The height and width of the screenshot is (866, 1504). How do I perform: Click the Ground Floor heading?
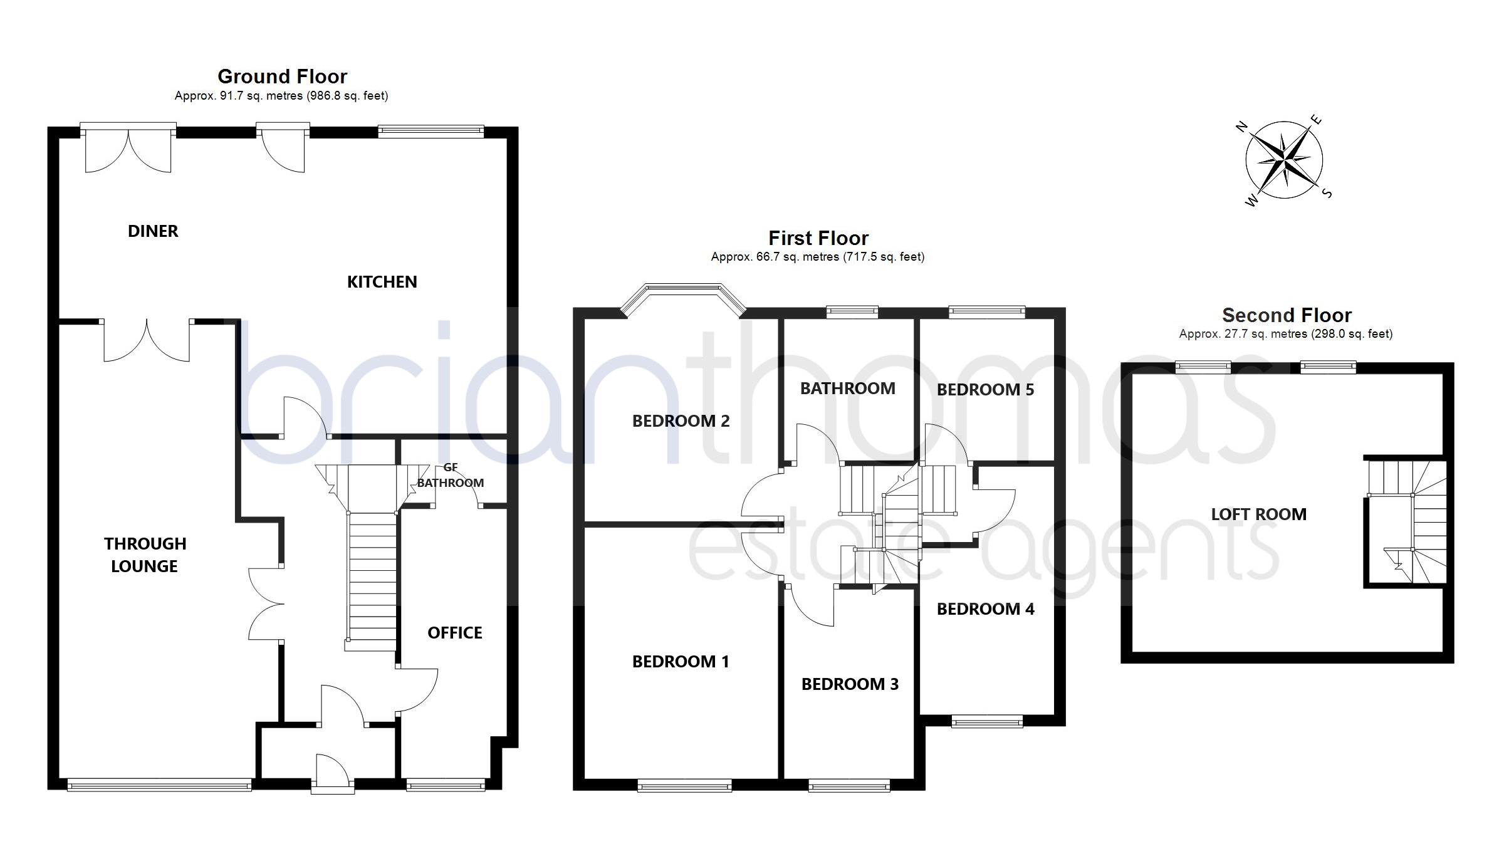(282, 76)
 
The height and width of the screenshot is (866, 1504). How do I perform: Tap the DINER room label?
(153, 231)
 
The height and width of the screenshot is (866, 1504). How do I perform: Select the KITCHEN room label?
(382, 282)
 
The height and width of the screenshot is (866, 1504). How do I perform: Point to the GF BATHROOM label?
(451, 476)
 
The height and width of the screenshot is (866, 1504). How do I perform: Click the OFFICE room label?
(455, 633)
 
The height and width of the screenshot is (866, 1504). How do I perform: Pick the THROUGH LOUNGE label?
(145, 555)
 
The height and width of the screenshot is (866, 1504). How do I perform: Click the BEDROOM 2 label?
(681, 421)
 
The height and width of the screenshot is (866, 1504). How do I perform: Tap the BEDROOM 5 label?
(985, 390)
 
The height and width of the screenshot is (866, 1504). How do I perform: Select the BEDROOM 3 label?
(850, 684)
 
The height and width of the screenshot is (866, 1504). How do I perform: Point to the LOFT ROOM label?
(1258, 514)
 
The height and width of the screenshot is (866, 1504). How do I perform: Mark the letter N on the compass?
(1241, 127)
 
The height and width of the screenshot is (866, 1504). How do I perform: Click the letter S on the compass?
(1327, 193)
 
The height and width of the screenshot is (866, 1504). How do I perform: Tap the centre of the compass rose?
(1284, 160)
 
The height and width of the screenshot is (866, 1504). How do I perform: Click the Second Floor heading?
(1287, 315)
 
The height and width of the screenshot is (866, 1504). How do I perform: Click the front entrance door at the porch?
(333, 775)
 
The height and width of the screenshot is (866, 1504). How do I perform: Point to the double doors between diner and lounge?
(147, 340)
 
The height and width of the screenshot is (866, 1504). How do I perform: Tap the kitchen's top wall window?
(431, 131)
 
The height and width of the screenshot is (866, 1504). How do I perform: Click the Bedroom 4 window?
(987, 722)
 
